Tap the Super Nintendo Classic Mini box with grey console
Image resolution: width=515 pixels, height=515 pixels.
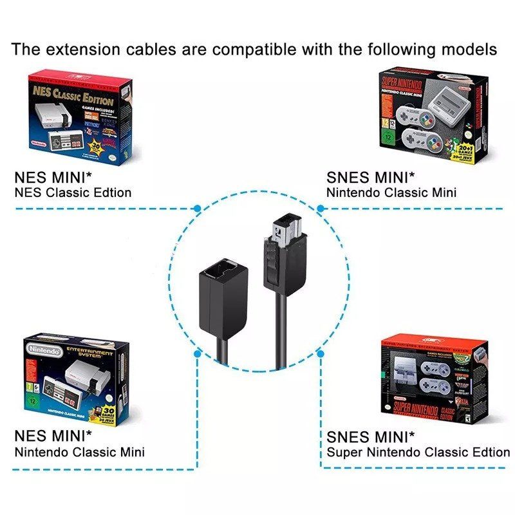click(433, 118)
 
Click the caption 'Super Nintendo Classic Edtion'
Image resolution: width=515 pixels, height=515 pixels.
click(418, 452)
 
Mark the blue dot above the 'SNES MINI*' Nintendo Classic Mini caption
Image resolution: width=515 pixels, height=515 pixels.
click(321, 209)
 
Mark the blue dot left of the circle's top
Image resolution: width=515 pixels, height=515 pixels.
click(197, 209)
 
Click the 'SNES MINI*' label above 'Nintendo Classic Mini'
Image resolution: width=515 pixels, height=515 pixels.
click(371, 177)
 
